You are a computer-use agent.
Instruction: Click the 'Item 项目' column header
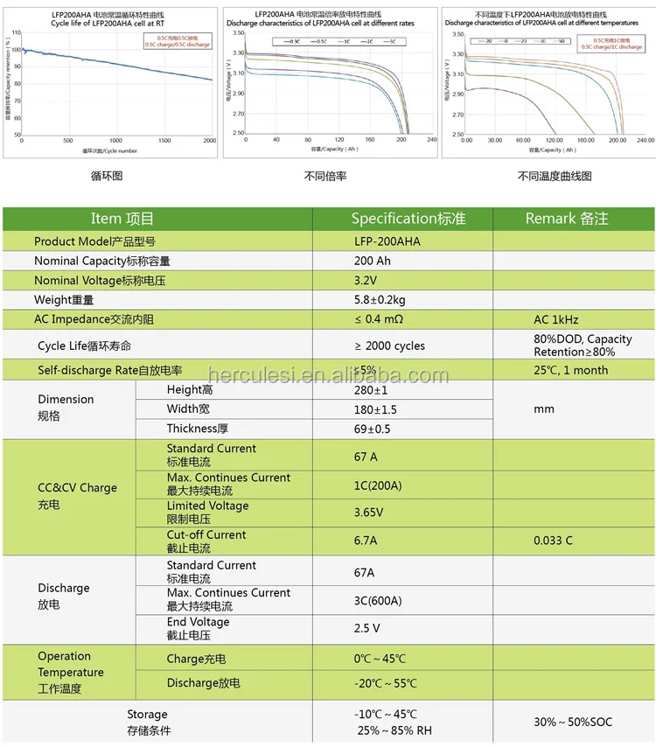[x=122, y=219]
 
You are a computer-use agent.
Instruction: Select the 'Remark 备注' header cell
[x=567, y=219]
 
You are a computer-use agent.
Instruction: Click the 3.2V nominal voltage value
[x=366, y=280]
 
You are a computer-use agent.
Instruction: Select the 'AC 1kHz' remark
[x=555, y=320]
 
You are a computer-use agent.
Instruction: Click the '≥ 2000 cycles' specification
[x=389, y=346]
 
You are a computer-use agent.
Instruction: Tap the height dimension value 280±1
[x=371, y=389]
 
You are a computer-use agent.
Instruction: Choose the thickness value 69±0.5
[x=373, y=429]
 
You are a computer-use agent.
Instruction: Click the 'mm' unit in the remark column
[x=543, y=408]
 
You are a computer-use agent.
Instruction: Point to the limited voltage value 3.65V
[x=369, y=512]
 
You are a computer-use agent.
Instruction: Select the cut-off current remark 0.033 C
[x=553, y=541]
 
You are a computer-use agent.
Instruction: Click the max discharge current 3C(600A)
[x=378, y=600]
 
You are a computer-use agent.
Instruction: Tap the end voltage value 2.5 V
[x=367, y=628]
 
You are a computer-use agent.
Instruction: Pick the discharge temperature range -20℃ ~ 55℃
[x=385, y=683]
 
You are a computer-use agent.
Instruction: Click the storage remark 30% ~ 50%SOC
[x=572, y=723]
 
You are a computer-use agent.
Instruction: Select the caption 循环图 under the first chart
[x=107, y=176]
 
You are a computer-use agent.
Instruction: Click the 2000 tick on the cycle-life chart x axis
[x=208, y=141]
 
